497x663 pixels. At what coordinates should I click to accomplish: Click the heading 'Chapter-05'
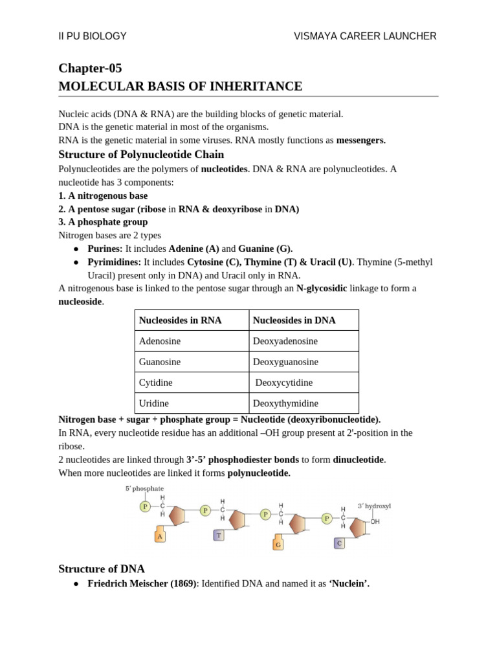(90, 68)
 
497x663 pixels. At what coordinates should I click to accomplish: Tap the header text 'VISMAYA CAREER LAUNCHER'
(365, 36)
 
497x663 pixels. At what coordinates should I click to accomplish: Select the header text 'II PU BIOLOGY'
(93, 36)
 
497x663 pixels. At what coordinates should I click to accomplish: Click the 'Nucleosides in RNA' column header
(180, 320)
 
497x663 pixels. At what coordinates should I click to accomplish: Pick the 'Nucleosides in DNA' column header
(294, 320)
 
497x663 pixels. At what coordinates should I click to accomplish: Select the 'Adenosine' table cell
(160, 341)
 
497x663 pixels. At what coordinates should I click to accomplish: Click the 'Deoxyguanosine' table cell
(285, 362)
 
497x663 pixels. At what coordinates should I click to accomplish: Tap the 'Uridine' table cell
(154, 403)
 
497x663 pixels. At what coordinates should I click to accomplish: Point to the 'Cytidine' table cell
(156, 383)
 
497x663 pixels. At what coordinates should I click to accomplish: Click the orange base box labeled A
(160, 536)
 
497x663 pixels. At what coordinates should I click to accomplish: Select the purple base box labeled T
(219, 535)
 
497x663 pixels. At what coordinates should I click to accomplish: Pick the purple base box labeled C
(338, 543)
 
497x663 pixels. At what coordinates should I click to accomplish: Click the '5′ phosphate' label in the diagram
(144, 488)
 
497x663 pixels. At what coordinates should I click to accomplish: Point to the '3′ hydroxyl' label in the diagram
(374, 506)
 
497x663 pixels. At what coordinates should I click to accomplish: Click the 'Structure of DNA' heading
(102, 569)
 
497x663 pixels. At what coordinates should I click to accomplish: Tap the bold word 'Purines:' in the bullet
(105, 249)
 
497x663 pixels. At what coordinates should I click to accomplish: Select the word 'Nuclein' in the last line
(349, 583)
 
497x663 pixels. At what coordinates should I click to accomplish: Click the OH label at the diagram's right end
(375, 521)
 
